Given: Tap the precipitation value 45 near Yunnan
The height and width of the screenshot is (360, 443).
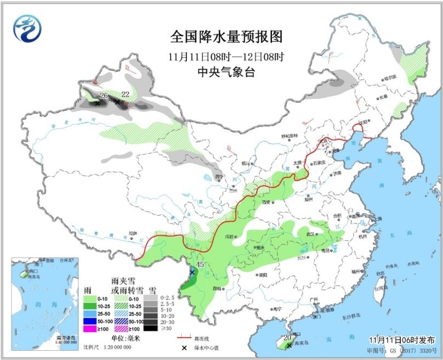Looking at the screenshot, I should [200, 265].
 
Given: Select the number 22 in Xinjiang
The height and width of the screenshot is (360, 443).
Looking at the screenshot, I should [125, 94].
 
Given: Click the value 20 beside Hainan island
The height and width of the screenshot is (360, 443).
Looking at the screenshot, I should [287, 337].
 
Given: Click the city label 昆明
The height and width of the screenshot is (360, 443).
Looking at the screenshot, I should [218, 288].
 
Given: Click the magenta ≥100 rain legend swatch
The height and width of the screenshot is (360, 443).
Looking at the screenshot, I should [90, 329].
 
